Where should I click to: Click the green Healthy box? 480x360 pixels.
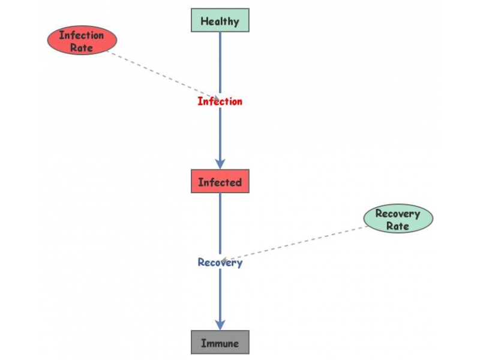point(220,20)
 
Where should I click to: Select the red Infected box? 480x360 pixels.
point(220,181)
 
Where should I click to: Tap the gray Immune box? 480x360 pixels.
point(220,343)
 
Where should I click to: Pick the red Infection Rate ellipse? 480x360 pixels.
point(82,41)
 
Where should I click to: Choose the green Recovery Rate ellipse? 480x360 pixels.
point(398,219)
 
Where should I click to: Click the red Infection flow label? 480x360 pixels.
point(220,101)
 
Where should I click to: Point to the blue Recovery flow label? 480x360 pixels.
point(220,262)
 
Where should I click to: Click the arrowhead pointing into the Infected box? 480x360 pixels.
point(220,163)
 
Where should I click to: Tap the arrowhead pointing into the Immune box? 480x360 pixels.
point(220,324)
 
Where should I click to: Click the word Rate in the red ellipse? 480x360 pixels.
point(82,47)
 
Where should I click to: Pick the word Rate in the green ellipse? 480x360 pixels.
point(398,226)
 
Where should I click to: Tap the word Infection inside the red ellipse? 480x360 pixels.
point(82,35)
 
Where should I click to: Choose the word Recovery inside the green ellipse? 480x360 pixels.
point(398,213)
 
